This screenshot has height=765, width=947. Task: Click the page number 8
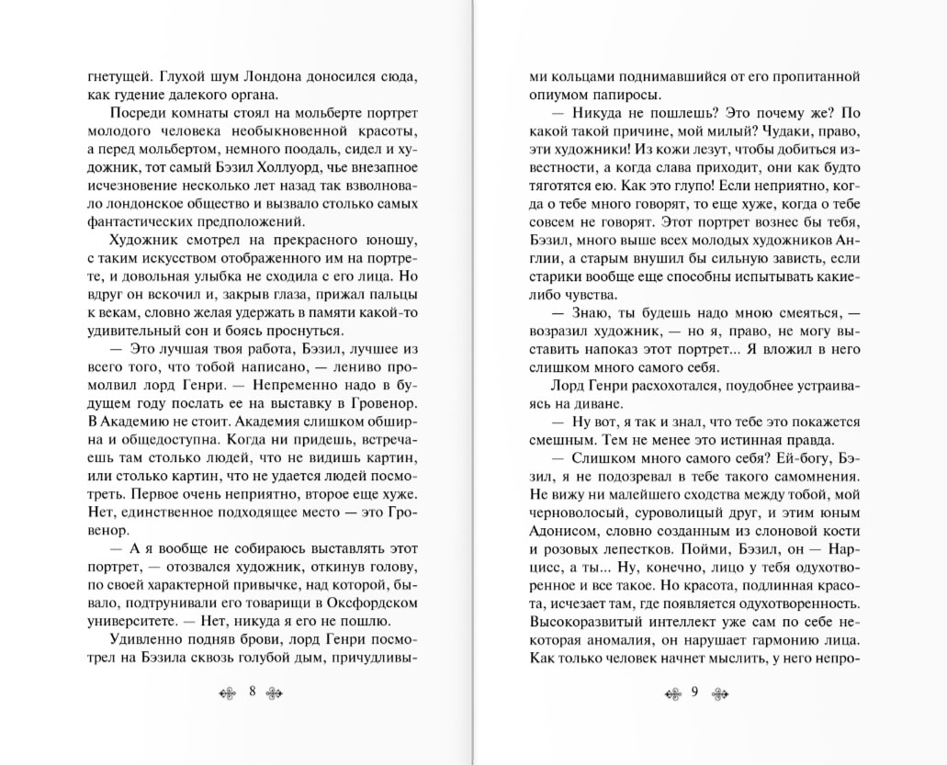[252, 692]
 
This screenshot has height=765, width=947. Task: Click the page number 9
[695, 692]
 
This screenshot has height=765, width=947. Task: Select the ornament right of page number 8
[276, 692]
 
